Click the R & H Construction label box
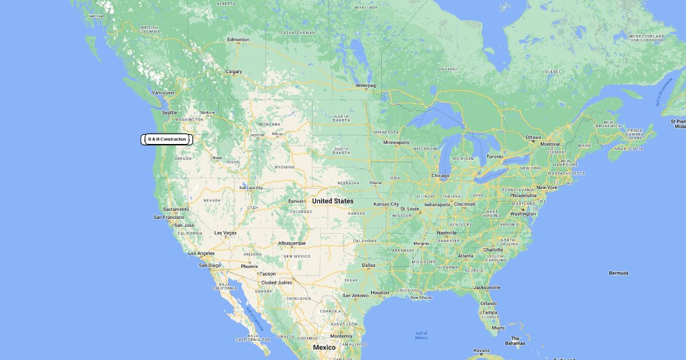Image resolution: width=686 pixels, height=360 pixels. coord(167,139)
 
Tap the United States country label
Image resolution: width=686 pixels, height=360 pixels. coord(333,201)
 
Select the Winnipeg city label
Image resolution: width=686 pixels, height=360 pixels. coord(366,86)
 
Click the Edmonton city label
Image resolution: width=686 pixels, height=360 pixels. coord(238,40)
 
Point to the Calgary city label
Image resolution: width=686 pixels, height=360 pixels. coord(233,72)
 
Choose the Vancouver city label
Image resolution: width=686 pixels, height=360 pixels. coord(163,93)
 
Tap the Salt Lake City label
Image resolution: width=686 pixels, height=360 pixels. coord(251,187)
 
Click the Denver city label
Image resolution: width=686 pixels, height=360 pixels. coord(297,201)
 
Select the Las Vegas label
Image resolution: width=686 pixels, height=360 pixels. coord(225,233)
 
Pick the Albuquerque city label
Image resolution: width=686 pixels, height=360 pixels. coord(292,243)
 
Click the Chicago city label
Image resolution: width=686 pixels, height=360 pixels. coord(440,175)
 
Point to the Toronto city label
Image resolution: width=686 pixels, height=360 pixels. coord(495,157)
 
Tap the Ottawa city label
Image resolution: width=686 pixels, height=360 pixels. coord(533,137)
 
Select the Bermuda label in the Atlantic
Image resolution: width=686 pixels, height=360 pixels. coord(619,273)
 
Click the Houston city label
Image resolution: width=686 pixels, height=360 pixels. coord(380,293)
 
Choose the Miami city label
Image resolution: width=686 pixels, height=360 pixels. coord(498,328)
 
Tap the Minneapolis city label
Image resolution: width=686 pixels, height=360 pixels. coord(396,142)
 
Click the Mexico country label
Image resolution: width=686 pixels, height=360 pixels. coord(324,347)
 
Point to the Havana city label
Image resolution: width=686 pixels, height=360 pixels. coord(481,350)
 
